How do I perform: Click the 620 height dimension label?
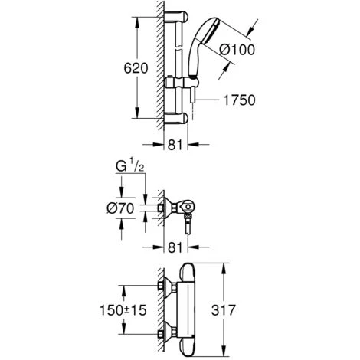pos(136,68)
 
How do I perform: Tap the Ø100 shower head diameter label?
pos(237,50)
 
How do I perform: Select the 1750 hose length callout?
pos(239,100)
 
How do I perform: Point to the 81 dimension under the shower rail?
pos(175,145)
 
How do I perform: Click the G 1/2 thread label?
pos(129,166)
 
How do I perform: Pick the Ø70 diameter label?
pos(120,208)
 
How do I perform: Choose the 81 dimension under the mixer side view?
pos(175,247)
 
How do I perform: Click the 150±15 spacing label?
pos(123,310)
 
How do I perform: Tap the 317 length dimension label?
pos(223,310)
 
